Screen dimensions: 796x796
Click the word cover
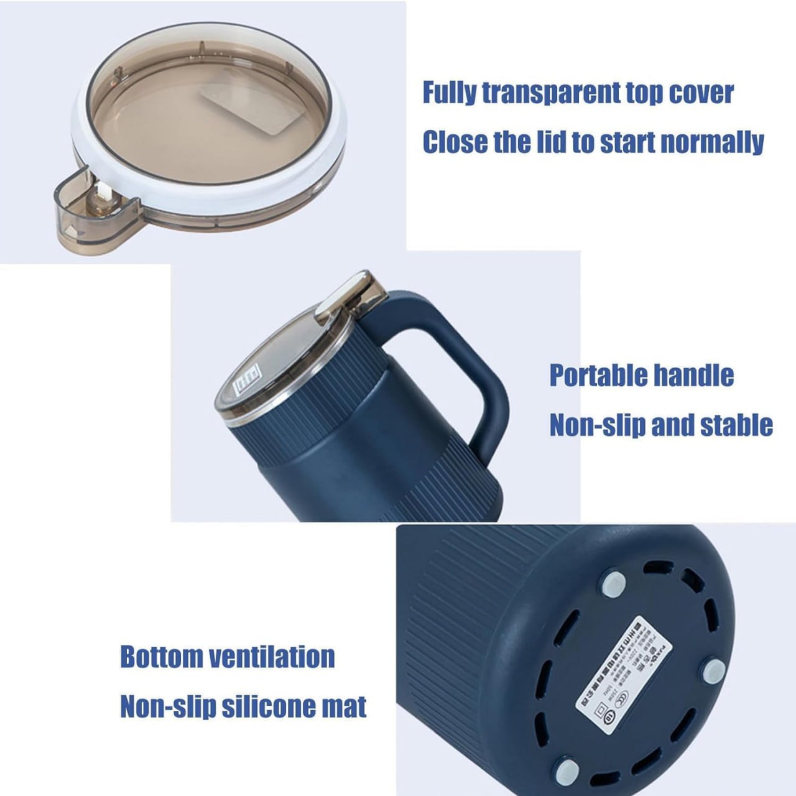point(701,93)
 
